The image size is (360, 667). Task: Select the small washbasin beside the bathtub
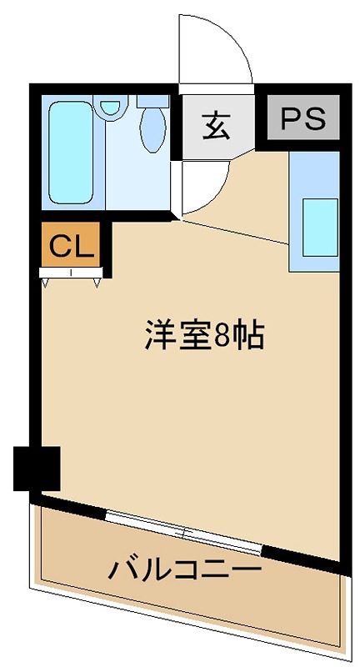pyautogui.click(x=108, y=108)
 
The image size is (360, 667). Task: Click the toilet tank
pyautogui.click(x=153, y=101)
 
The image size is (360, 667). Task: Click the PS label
pyautogui.click(x=303, y=119)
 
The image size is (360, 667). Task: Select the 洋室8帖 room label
pyautogui.click(x=204, y=335)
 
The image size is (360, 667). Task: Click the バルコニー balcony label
pyautogui.click(x=185, y=570)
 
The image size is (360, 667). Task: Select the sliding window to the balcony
pyautogui.click(x=185, y=531)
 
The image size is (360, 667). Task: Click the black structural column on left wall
pyautogui.click(x=37, y=469)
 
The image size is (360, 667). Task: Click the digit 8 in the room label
pyautogui.click(x=223, y=335)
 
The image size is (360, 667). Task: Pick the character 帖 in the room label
pyautogui.click(x=249, y=335)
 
